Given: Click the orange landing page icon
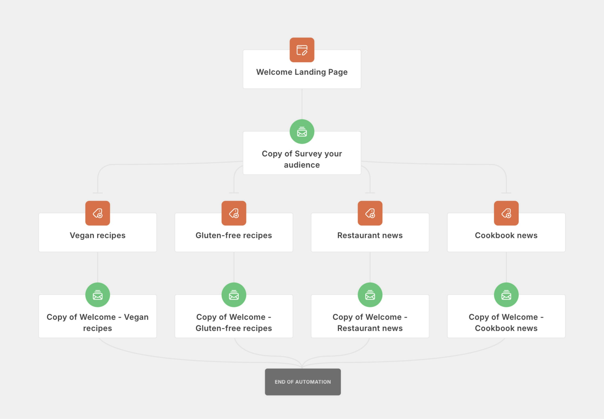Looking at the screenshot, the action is pyautogui.click(x=302, y=50).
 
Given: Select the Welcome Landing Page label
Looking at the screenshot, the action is pyautogui.click(x=302, y=72).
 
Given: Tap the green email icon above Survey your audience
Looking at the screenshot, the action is pyautogui.click(x=302, y=132).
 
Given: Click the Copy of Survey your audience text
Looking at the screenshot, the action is pyautogui.click(x=302, y=159).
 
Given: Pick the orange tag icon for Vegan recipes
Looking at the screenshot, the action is pyautogui.click(x=98, y=213).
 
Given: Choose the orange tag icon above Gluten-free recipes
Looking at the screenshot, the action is pyautogui.click(x=234, y=213).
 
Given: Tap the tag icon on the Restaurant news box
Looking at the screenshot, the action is pyautogui.click(x=370, y=213).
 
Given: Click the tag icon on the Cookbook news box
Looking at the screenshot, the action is pyautogui.click(x=506, y=213).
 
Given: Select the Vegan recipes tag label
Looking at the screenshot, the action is pyautogui.click(x=98, y=235).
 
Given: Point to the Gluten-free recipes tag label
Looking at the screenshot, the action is pyautogui.click(x=234, y=235).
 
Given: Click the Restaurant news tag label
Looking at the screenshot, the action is pyautogui.click(x=370, y=235).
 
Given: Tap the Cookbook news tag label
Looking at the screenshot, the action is pyautogui.click(x=506, y=235).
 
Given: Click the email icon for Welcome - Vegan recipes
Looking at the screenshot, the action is pyautogui.click(x=98, y=295).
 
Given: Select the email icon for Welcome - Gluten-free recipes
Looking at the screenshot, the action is pyautogui.click(x=234, y=295).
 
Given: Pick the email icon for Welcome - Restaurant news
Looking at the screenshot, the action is pyautogui.click(x=370, y=295).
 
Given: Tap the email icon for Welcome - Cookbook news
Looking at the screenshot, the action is pyautogui.click(x=506, y=295).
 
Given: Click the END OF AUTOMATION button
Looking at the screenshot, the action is pyautogui.click(x=303, y=382).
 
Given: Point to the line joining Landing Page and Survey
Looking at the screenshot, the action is pyautogui.click(x=302, y=104).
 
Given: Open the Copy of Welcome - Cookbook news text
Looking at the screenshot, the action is pyautogui.click(x=506, y=323).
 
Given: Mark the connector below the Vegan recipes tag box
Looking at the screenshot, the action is pyautogui.click(x=98, y=267).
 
